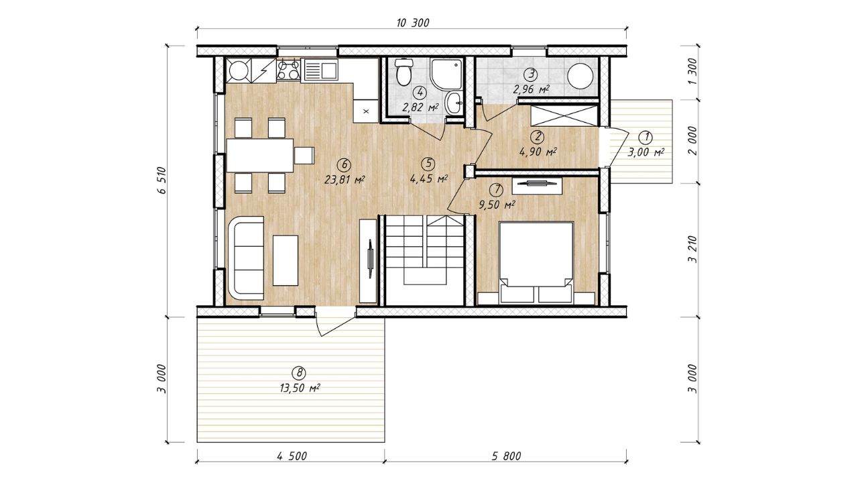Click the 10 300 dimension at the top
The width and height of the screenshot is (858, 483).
(412, 23)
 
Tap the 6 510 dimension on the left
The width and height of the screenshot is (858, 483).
(163, 180)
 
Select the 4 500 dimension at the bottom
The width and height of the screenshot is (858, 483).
(292, 456)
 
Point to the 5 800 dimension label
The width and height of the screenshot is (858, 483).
(506, 456)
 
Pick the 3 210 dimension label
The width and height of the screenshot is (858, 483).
(692, 250)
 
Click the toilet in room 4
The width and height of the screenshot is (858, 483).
(403, 72)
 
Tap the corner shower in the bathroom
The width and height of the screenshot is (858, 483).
(446, 74)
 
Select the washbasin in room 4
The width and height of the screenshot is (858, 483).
(454, 103)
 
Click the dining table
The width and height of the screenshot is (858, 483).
(260, 155)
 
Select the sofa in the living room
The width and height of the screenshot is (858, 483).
(246, 258)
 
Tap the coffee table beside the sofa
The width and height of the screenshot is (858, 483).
(286, 260)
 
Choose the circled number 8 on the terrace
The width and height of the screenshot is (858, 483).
(299, 372)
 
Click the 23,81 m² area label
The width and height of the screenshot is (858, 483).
(344, 179)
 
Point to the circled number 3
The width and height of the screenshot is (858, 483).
(530, 73)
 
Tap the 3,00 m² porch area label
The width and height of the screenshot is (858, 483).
(646, 152)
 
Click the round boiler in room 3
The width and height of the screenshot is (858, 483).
(580, 76)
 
